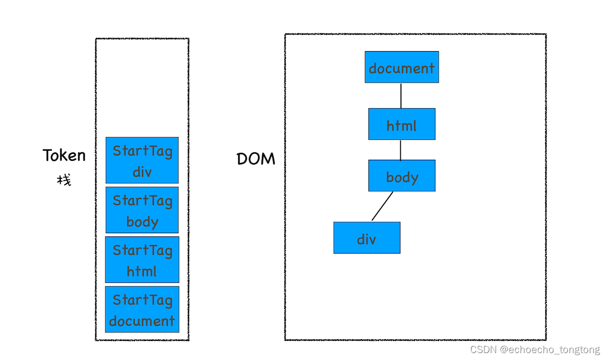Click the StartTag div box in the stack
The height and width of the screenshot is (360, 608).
[x=142, y=160]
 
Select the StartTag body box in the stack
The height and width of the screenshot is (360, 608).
[x=142, y=210]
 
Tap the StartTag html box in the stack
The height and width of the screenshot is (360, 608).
[x=142, y=259]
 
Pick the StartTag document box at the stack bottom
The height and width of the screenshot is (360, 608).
[x=142, y=309]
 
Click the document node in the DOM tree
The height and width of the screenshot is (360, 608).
[x=401, y=67]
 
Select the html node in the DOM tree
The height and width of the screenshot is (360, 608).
[x=401, y=124]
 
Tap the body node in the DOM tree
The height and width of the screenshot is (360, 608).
[x=401, y=176]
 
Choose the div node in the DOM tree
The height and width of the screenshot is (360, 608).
[x=366, y=238]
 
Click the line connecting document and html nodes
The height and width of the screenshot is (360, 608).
[x=401, y=95]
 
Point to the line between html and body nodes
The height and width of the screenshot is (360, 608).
[x=401, y=150]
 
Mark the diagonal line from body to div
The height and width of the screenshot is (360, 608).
[x=382, y=206]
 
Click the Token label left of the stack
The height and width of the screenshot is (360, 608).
[x=64, y=156]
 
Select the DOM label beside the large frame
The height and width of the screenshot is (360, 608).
[x=256, y=159]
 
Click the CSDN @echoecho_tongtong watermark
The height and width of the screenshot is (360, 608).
[x=535, y=350]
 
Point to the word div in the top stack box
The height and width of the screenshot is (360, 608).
[x=142, y=172]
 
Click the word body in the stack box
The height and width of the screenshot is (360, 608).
[x=142, y=221]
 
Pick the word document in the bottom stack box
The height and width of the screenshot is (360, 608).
[x=142, y=321]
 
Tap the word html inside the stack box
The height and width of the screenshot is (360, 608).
[x=142, y=271]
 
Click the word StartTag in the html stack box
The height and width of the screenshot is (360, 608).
[x=142, y=250]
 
